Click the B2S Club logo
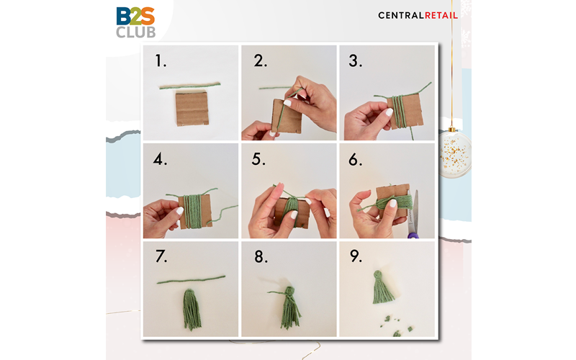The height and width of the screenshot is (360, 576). click(x=135, y=22)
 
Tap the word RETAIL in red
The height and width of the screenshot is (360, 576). click(x=441, y=15)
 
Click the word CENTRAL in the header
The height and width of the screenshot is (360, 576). click(x=401, y=15)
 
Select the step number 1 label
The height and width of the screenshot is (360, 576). click(x=160, y=60)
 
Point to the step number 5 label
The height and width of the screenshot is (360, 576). click(x=258, y=159)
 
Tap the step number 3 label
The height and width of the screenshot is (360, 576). click(x=355, y=60)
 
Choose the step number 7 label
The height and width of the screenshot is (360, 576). click(x=161, y=256)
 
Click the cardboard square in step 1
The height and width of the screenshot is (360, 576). click(x=192, y=109)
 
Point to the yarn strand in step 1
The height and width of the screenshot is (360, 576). click(x=190, y=86)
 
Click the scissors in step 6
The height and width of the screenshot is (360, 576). click(x=413, y=215)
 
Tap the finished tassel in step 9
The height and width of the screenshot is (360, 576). click(x=382, y=287)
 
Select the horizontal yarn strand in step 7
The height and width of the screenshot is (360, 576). click(x=191, y=279)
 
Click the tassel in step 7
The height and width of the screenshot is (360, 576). click(x=192, y=310)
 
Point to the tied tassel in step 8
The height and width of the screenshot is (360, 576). click(x=289, y=307)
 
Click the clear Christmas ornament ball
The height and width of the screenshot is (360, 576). click(x=454, y=154)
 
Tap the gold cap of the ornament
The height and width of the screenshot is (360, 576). click(x=452, y=130)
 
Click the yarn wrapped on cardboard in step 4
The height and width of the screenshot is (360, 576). click(x=193, y=211)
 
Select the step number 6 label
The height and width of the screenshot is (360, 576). click(x=355, y=159)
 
